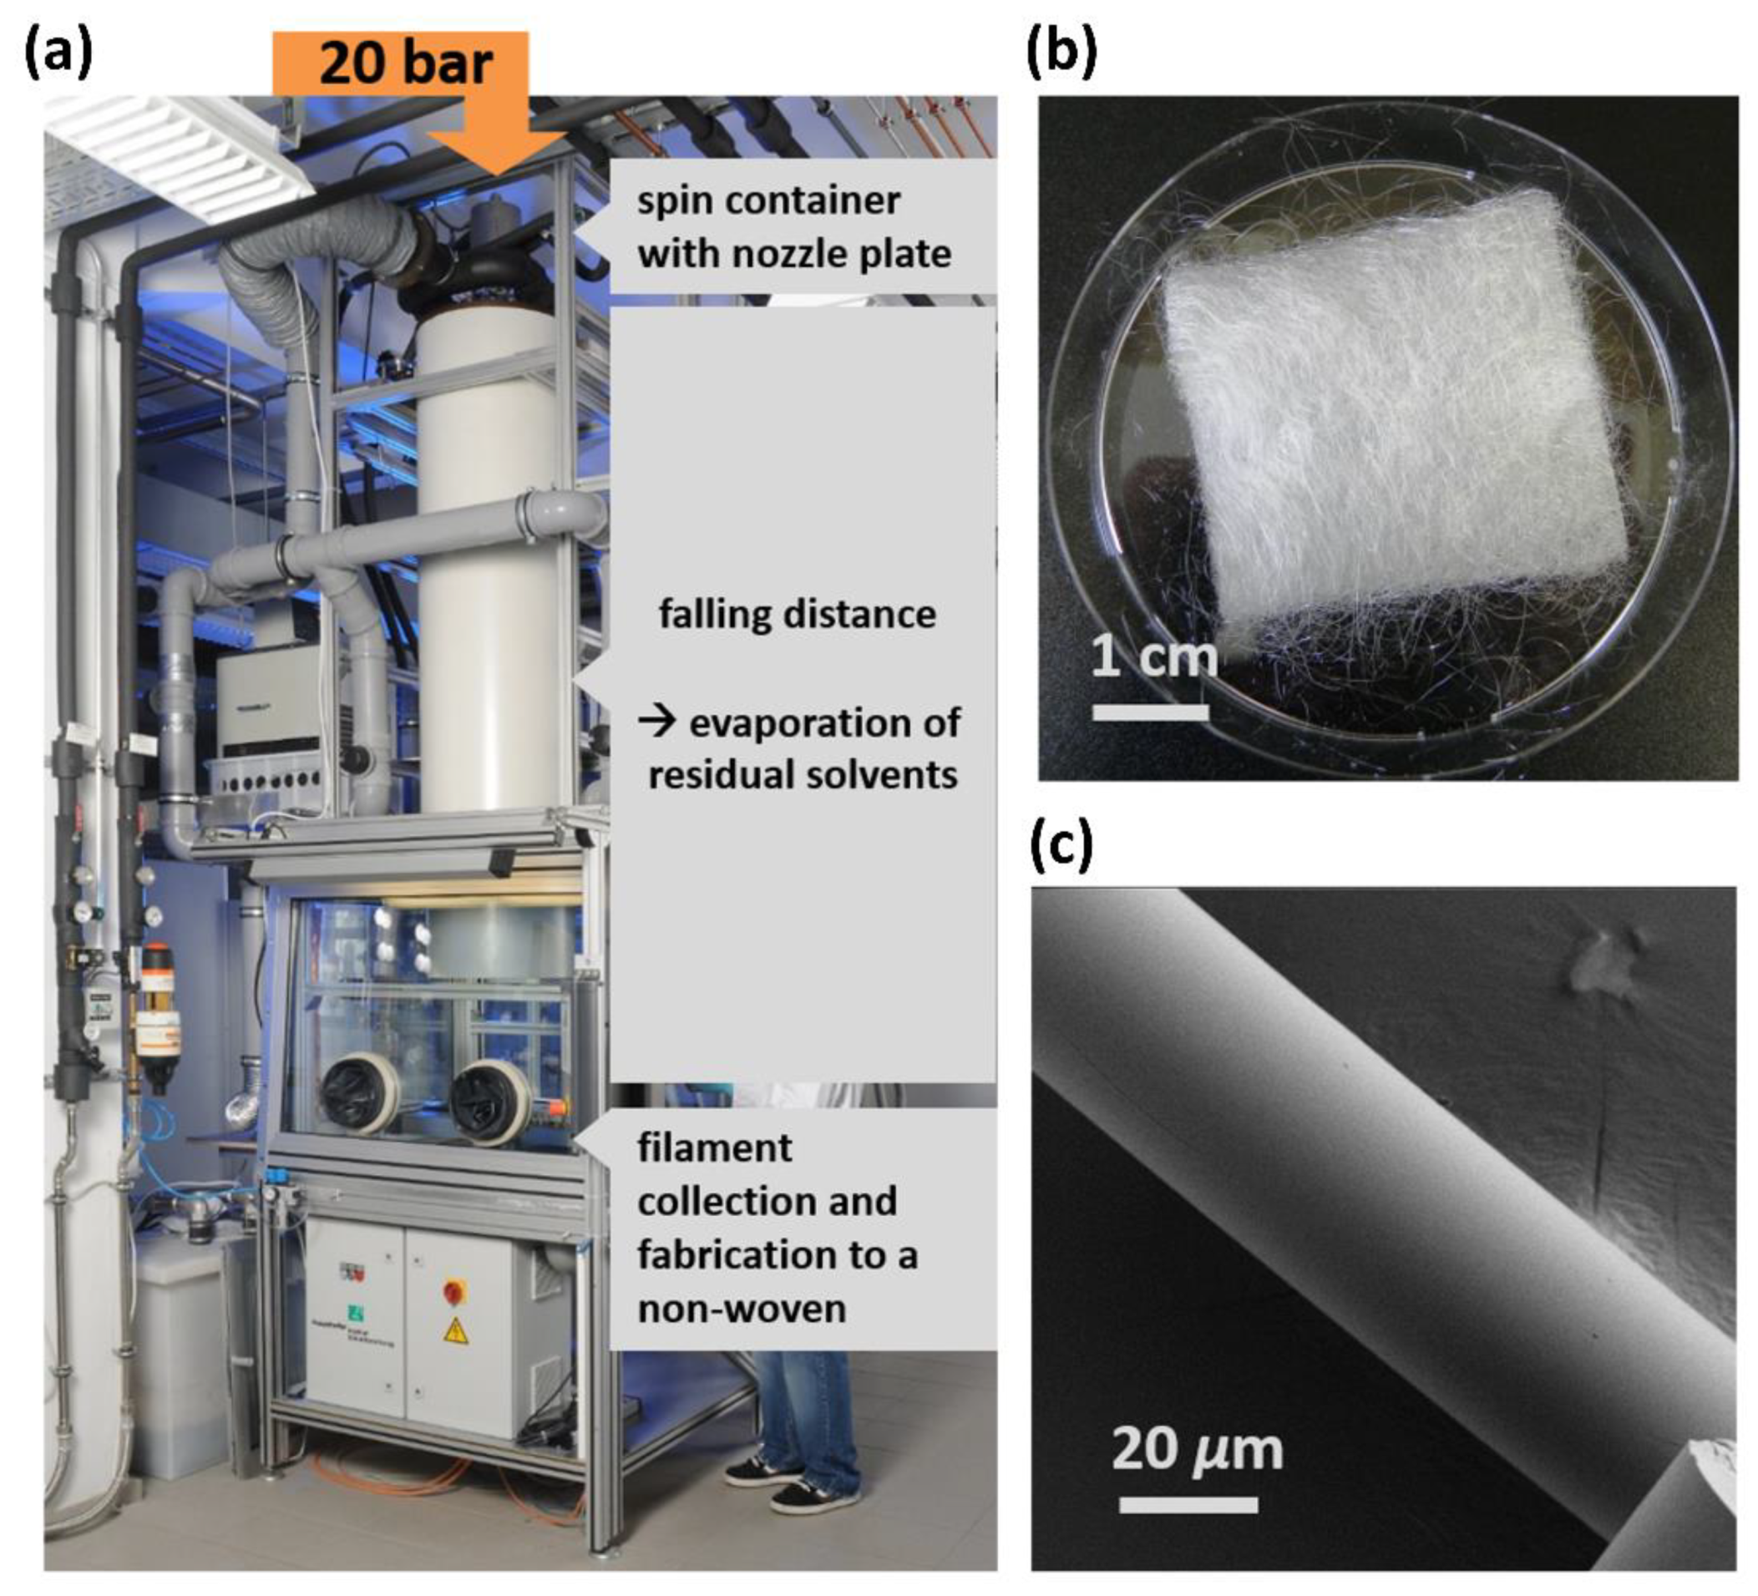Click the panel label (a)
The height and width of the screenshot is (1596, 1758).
58,55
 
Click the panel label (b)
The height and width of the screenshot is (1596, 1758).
1061,55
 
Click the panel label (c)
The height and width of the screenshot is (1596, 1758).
1061,846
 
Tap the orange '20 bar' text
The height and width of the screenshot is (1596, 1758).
406,63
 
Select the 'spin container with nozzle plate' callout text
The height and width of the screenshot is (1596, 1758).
793,227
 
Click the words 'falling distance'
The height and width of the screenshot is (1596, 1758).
797,614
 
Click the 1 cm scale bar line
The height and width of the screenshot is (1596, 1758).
1150,712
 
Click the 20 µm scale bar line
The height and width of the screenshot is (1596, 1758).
1188,1504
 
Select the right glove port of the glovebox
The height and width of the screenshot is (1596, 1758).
489,1099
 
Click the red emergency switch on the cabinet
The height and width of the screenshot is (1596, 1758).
453,1289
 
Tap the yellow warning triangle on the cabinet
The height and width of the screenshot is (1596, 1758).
455,1332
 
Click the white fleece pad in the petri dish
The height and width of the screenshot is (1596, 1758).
1396,418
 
